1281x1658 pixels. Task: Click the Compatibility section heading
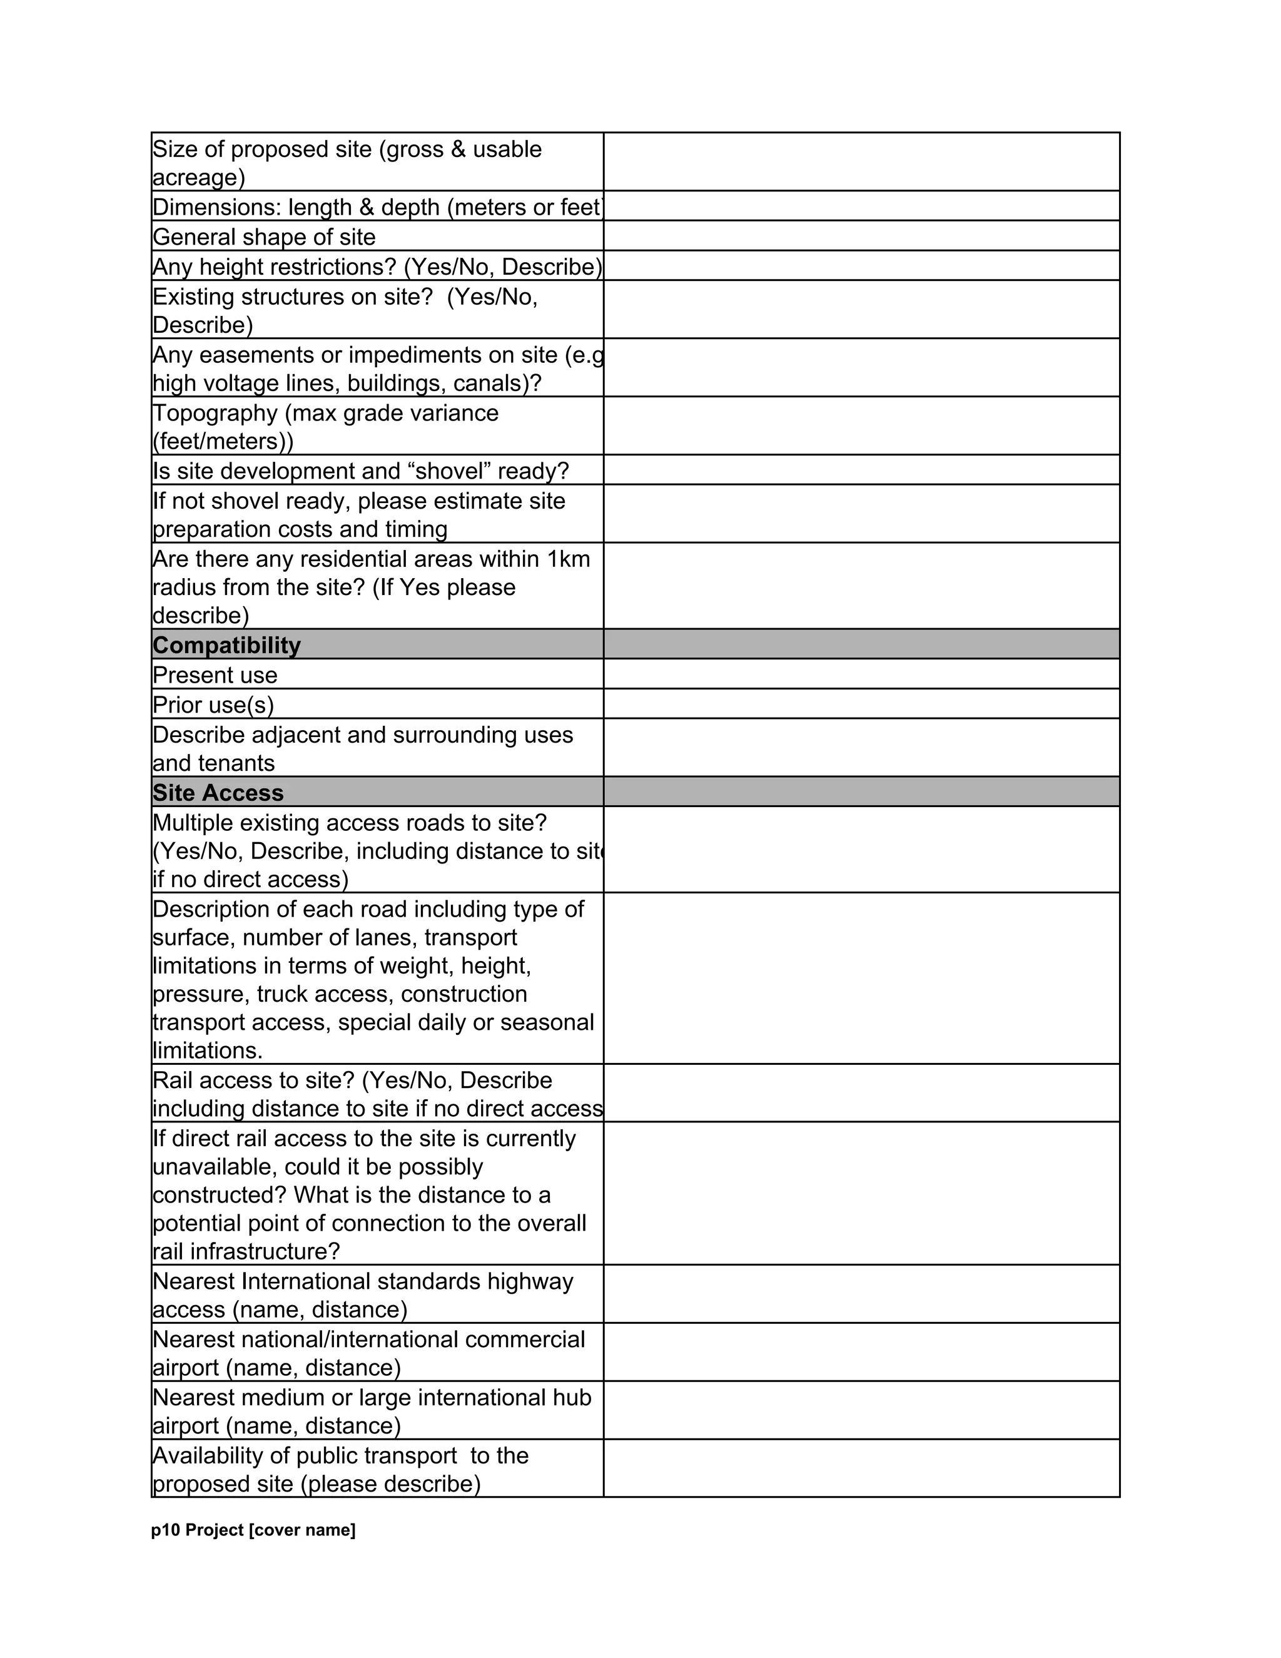pos(226,645)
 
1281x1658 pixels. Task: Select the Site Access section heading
pos(218,793)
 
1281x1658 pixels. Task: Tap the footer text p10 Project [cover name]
pos(253,1530)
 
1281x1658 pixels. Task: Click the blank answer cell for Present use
pos(861,674)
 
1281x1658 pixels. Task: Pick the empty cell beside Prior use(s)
pos(861,704)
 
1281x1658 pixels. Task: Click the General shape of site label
pos(264,237)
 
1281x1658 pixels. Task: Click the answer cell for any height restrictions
pos(861,266)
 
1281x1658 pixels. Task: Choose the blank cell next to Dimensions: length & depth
pos(861,206)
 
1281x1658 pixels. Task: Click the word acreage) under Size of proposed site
pos(199,178)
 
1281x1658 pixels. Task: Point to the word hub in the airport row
pos(570,1398)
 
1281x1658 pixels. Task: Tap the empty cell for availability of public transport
pos(861,1468)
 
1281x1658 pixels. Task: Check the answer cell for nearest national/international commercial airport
pos(861,1352)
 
